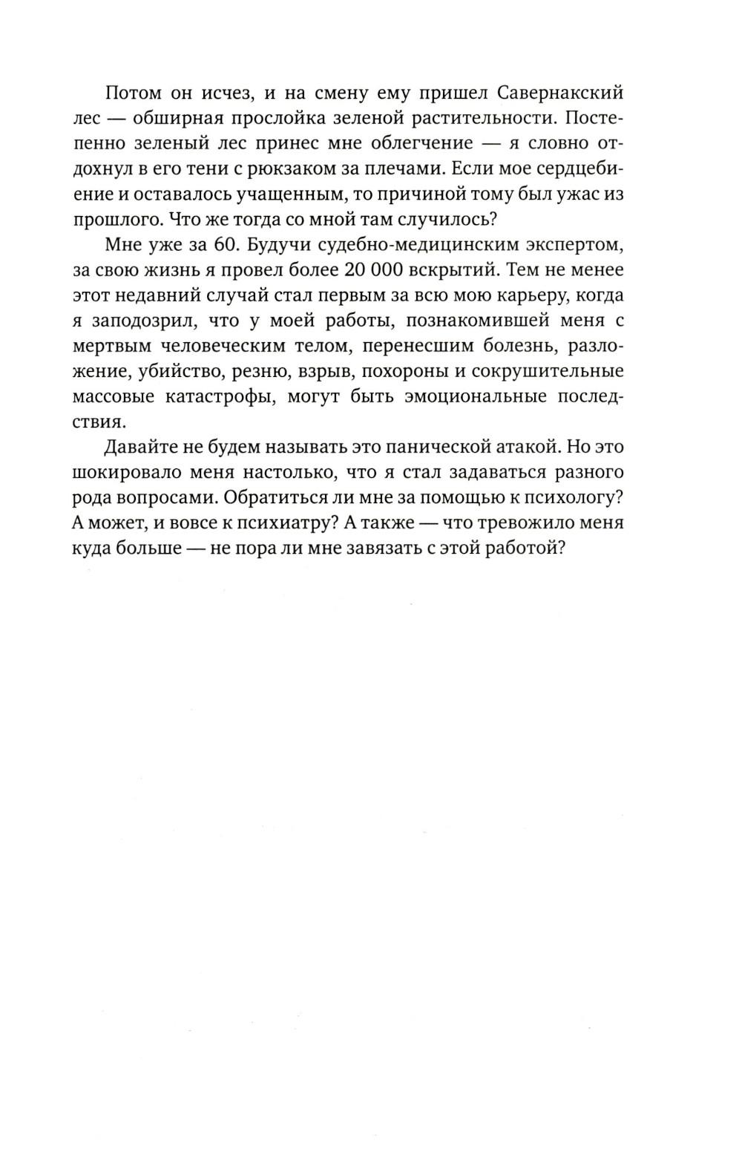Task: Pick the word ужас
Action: point(586,194)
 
